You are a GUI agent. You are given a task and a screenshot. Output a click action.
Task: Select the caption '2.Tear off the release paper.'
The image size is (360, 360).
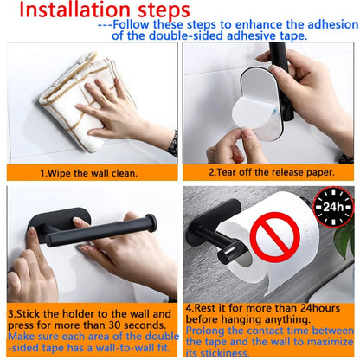click(268, 172)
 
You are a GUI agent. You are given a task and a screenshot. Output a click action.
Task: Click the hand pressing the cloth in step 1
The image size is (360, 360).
click(112, 108)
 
